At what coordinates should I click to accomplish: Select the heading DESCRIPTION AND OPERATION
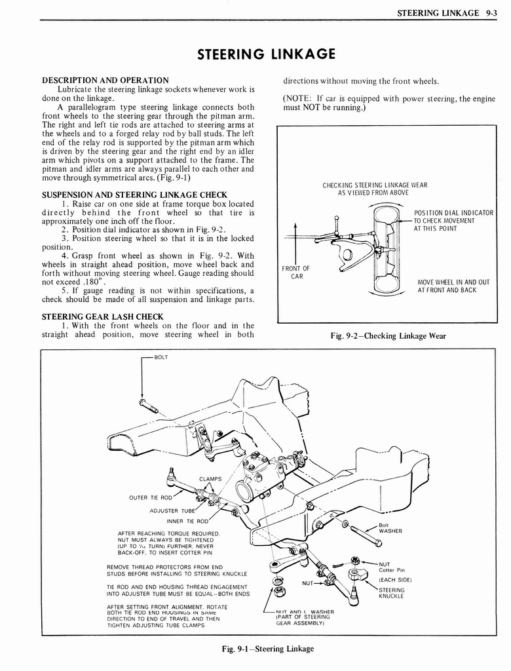[105, 81]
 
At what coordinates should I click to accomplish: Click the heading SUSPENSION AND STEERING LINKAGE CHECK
[134, 195]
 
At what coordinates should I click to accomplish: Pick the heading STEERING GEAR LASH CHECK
[102, 316]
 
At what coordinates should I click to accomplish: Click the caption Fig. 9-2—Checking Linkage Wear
[388, 336]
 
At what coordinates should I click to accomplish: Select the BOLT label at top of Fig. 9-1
[161, 358]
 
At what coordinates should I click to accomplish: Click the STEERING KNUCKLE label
[392, 593]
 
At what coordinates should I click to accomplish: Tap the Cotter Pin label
[392, 569]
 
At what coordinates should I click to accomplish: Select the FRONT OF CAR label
[296, 271]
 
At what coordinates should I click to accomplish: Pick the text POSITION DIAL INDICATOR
[453, 213]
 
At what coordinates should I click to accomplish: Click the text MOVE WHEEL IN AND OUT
[453, 282]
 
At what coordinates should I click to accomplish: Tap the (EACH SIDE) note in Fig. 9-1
[395, 580]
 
